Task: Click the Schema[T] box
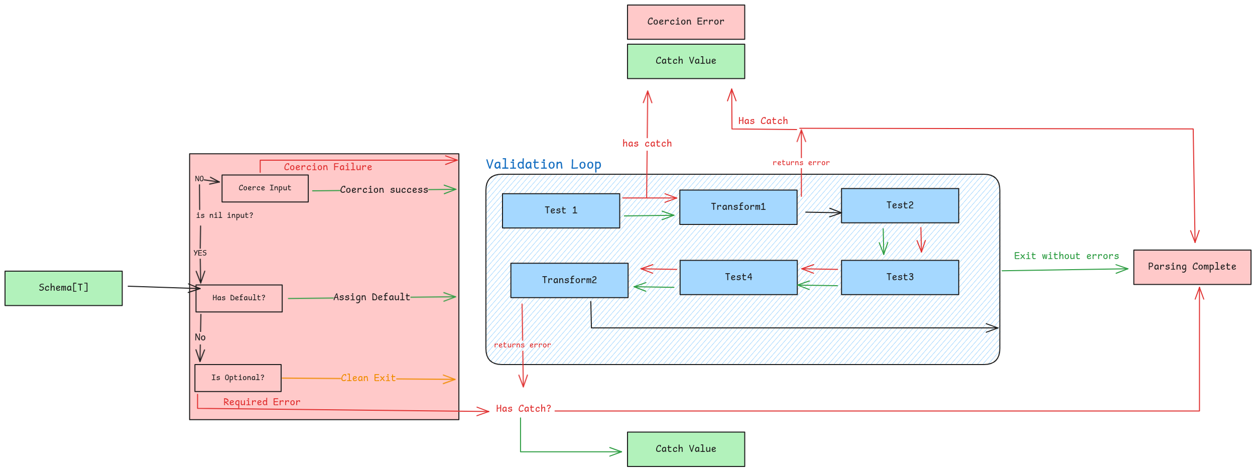pos(63,288)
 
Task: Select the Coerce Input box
pos(265,188)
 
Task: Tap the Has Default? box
pos(238,298)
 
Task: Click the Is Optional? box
pos(237,378)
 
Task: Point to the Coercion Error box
pos(685,22)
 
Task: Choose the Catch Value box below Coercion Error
pos(685,61)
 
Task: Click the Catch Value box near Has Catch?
pos(685,449)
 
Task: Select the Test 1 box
pos(561,210)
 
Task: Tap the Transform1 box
pos(738,207)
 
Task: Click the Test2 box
pos(900,205)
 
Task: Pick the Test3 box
pos(900,277)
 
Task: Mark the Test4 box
pos(738,277)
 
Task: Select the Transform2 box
pos(569,280)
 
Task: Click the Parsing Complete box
pos(1192,267)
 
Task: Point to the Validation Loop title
pos(543,164)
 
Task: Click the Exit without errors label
pos(1066,256)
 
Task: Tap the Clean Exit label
pos(368,378)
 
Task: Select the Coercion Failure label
pos(328,167)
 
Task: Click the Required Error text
pos(262,402)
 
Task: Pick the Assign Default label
pos(371,297)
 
